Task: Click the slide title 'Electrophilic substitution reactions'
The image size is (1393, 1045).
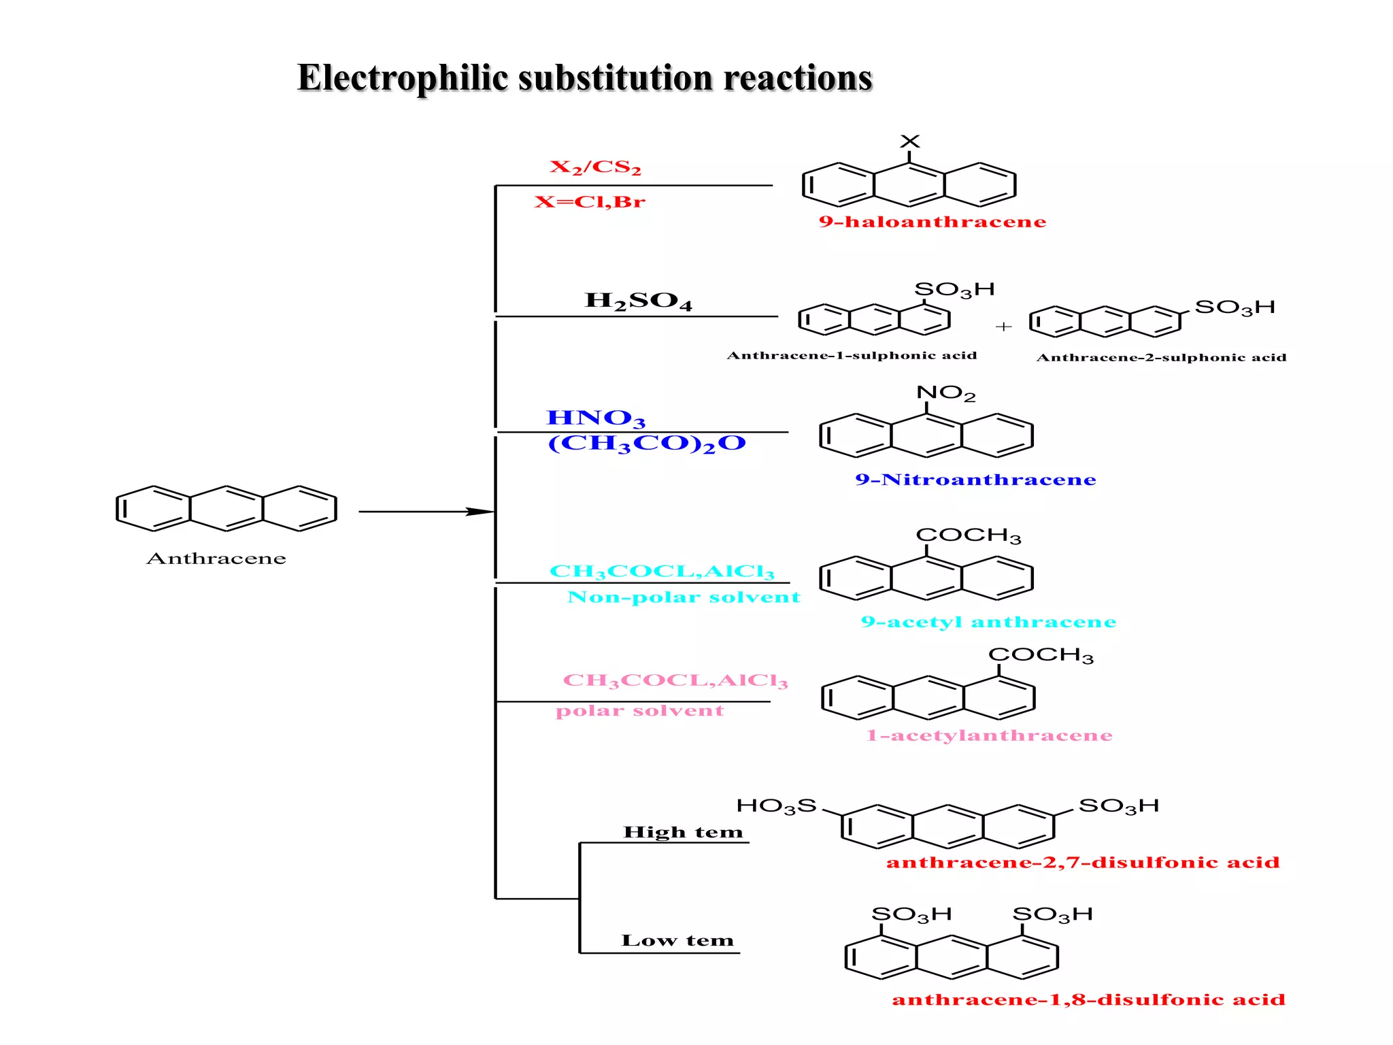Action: (584, 78)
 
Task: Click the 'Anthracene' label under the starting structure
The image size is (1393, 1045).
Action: (216, 559)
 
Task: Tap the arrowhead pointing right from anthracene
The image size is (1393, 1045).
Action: (480, 512)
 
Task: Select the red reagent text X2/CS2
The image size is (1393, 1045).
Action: (595, 167)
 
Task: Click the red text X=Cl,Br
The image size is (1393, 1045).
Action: (589, 202)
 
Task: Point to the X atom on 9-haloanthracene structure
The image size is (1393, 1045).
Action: (909, 142)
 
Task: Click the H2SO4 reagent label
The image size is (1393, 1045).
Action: (638, 301)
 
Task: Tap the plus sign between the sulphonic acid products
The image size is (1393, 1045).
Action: (1003, 327)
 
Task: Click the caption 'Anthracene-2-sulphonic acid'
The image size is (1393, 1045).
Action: (1161, 358)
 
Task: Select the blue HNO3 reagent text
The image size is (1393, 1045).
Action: (595, 418)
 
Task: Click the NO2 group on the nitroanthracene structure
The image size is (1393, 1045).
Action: (945, 393)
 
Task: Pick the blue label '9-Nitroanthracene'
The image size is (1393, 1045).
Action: (975, 480)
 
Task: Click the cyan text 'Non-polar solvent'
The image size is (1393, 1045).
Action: (683, 597)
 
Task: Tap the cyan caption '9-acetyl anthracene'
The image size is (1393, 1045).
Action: (988, 622)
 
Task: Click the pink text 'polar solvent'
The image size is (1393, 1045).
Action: (639, 711)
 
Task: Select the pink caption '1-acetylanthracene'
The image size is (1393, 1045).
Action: (989, 735)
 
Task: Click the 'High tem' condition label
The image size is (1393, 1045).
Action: (683, 832)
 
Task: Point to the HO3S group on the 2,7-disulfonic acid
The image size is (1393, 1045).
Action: (776, 806)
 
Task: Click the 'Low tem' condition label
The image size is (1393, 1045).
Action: (677, 941)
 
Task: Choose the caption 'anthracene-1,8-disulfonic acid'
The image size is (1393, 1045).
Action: (1088, 999)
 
